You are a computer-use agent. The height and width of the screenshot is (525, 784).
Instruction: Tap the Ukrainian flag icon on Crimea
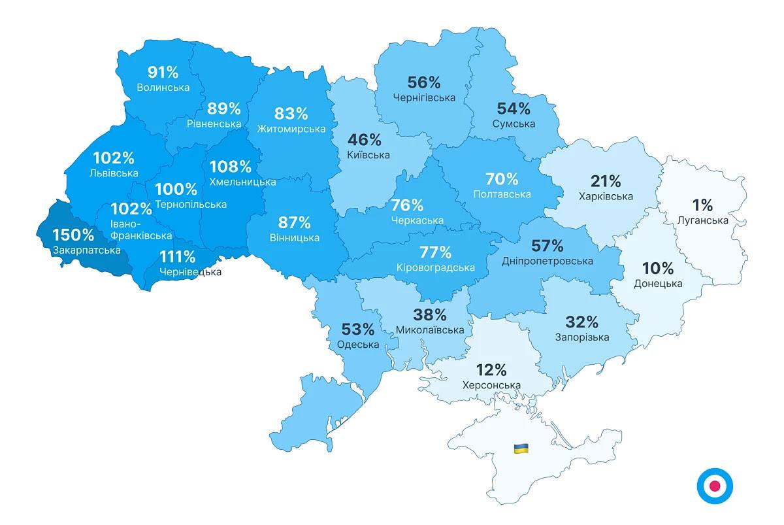pyautogui.click(x=521, y=449)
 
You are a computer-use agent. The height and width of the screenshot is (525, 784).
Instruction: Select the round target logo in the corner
pyautogui.click(x=714, y=486)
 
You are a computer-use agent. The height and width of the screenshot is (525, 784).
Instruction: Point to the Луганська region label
pyautogui.click(x=703, y=220)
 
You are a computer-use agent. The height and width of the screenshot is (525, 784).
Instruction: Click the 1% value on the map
pyautogui.click(x=703, y=205)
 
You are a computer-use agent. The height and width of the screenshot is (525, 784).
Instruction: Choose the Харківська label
pyautogui.click(x=606, y=196)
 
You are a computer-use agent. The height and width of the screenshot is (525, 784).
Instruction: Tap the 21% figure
pyautogui.click(x=606, y=181)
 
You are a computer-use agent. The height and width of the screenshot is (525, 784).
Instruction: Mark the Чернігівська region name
pyautogui.click(x=424, y=98)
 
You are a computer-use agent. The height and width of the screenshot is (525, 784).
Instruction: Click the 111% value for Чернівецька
pyautogui.click(x=177, y=257)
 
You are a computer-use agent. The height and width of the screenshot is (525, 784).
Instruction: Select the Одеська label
pyautogui.click(x=358, y=345)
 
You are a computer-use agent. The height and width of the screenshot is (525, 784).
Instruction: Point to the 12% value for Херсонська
pyautogui.click(x=491, y=370)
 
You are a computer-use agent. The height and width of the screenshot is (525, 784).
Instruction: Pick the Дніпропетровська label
pyautogui.click(x=547, y=262)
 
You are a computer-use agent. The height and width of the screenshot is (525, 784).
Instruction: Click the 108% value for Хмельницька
pyautogui.click(x=230, y=167)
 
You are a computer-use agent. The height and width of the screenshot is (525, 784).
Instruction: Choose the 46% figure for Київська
pyautogui.click(x=365, y=140)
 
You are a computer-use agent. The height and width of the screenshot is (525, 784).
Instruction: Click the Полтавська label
pyautogui.click(x=502, y=194)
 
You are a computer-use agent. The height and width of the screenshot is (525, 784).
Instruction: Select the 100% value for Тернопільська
pyautogui.click(x=176, y=190)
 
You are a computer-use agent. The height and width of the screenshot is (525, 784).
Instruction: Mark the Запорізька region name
pyautogui.click(x=581, y=337)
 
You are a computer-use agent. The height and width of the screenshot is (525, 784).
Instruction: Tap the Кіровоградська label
pyautogui.click(x=435, y=267)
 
